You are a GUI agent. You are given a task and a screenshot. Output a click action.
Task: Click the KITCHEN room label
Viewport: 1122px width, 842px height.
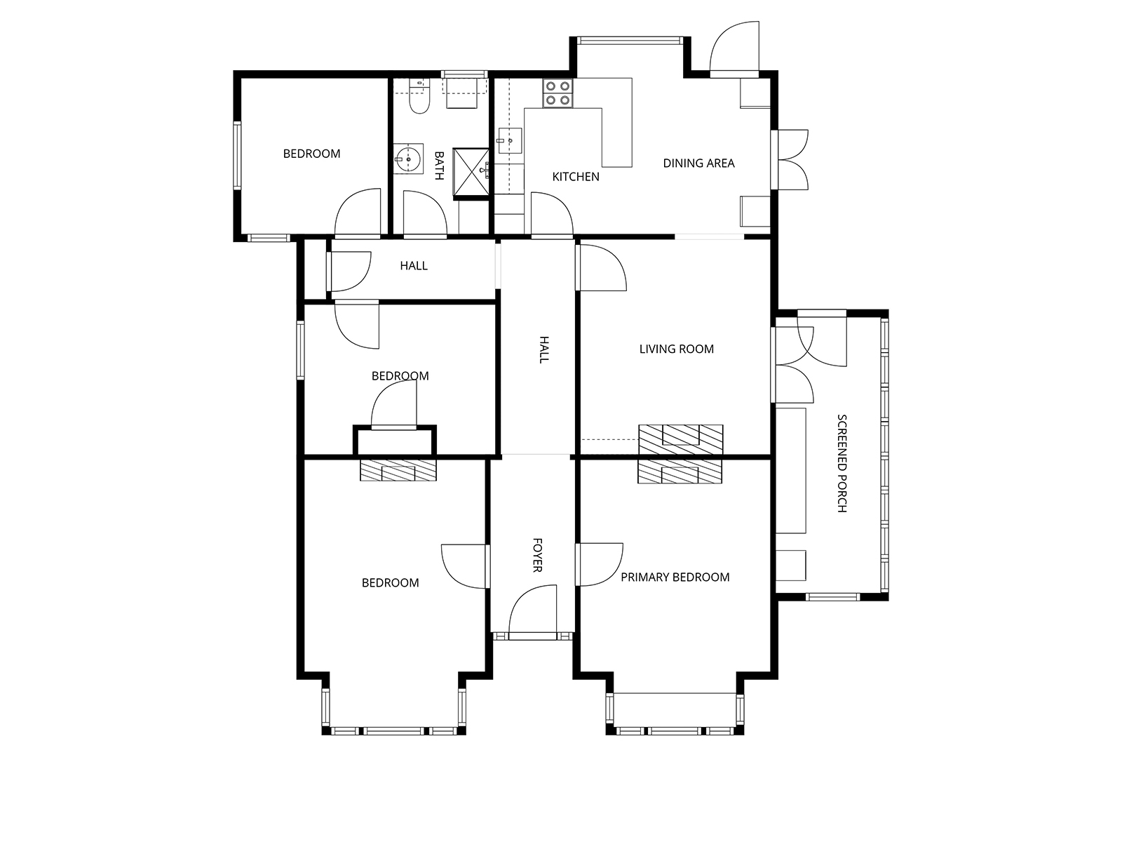tap(576, 177)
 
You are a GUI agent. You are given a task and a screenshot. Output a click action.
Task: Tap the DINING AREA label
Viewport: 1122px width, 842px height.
tap(698, 163)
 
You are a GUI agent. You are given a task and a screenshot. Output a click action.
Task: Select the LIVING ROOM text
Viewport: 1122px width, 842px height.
tap(676, 349)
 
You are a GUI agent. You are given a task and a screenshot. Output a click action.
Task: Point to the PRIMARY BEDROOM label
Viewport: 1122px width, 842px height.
tap(675, 577)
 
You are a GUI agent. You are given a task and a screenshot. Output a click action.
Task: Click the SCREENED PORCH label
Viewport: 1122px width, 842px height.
tap(842, 463)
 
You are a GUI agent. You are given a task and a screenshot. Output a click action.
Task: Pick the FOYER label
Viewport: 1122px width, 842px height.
tap(537, 555)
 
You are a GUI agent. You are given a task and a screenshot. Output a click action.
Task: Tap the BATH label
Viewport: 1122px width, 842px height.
tap(439, 166)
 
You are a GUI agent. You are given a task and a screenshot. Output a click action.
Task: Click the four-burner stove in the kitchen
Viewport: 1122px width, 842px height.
tap(557, 93)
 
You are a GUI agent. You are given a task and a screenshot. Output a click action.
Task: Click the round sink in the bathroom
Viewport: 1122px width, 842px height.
tap(408, 159)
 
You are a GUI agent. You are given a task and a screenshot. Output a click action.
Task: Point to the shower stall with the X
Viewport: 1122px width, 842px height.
tap(471, 173)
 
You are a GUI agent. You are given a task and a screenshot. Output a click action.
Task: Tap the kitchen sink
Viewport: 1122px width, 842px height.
tap(510, 140)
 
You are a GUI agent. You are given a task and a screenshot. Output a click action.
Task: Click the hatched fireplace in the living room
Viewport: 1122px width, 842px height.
tap(681, 439)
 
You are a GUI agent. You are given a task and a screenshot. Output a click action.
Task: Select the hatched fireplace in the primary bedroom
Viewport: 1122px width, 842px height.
tap(680, 472)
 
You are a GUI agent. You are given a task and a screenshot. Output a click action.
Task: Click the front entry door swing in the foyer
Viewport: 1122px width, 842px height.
tap(532, 612)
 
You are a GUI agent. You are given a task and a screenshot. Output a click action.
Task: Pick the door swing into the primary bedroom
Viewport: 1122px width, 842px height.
tap(600, 564)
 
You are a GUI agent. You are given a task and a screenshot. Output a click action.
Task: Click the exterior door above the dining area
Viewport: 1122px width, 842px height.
tap(734, 50)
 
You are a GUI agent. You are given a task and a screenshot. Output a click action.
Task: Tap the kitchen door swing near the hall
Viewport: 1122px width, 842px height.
tap(552, 215)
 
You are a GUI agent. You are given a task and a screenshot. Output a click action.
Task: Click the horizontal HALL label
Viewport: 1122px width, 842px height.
tap(414, 266)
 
